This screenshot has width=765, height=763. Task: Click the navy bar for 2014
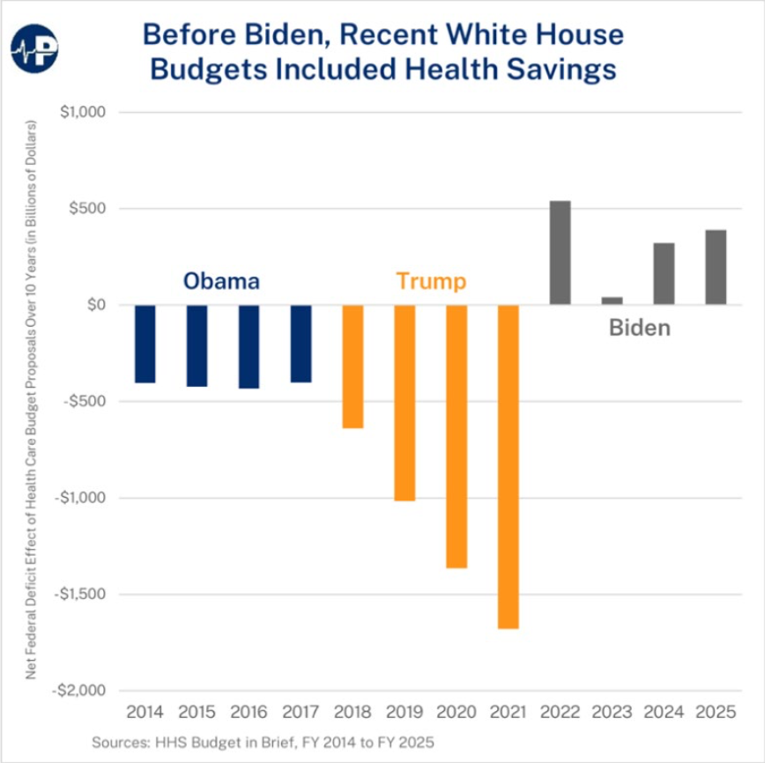pos(145,344)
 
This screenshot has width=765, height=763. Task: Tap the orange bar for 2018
pos(353,367)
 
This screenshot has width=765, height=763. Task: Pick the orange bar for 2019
pos(405,403)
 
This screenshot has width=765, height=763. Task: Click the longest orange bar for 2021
pos(509,467)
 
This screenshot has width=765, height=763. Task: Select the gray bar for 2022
pos(560,253)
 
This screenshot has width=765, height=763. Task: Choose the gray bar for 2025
pos(716,268)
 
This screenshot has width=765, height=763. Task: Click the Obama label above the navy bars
pos(221,282)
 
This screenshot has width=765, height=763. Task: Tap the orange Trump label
pos(431,282)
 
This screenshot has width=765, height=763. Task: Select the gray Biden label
pos(639,329)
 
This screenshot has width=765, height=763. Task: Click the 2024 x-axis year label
pos(664,711)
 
